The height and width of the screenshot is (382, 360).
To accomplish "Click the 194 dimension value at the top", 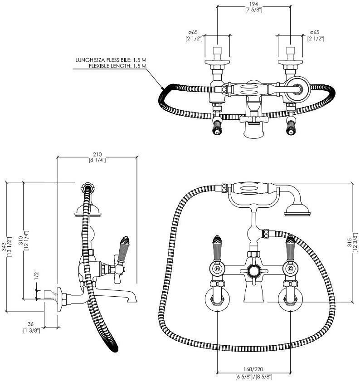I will point(253,4).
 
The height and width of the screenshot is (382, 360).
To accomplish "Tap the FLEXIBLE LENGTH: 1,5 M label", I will point(117,66).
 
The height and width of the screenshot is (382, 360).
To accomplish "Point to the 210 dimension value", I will point(97,154).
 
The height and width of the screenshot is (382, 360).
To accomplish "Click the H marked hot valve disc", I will point(218,268).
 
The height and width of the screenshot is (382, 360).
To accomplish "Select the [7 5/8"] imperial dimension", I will point(253,10).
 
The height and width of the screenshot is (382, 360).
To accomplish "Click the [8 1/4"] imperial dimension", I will point(97,160).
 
